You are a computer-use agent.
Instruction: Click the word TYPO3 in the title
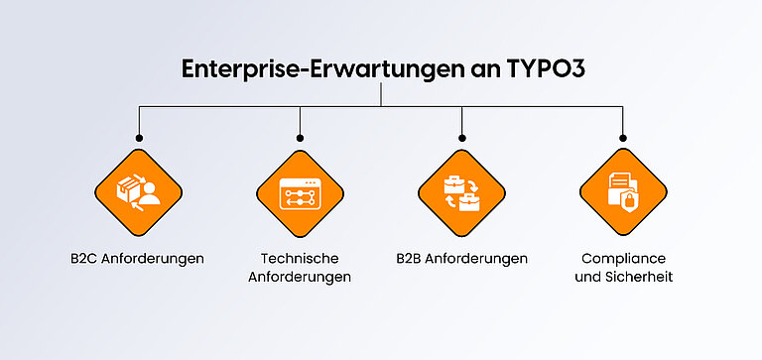[540, 69]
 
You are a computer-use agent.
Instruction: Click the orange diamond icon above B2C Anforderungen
[138, 191]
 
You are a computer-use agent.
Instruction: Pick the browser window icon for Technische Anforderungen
[300, 191]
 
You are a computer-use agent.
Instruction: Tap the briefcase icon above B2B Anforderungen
[461, 191]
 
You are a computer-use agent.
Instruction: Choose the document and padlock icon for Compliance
[623, 191]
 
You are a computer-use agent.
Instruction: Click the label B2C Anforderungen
[138, 258]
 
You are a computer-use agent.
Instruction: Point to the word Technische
[300, 258]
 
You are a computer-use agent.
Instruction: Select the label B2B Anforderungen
[461, 258]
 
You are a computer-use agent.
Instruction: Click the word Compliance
[623, 258]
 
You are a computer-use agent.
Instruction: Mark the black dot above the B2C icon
[138, 138]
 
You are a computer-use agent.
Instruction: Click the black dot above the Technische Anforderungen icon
[300, 138]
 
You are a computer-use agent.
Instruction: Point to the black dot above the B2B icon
[461, 138]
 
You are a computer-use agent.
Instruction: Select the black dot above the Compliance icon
[623, 138]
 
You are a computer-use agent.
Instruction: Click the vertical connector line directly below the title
[381, 94]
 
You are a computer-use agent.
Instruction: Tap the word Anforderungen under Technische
[300, 277]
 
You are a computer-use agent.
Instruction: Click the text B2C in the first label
[84, 258]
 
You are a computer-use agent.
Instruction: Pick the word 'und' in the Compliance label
[588, 277]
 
